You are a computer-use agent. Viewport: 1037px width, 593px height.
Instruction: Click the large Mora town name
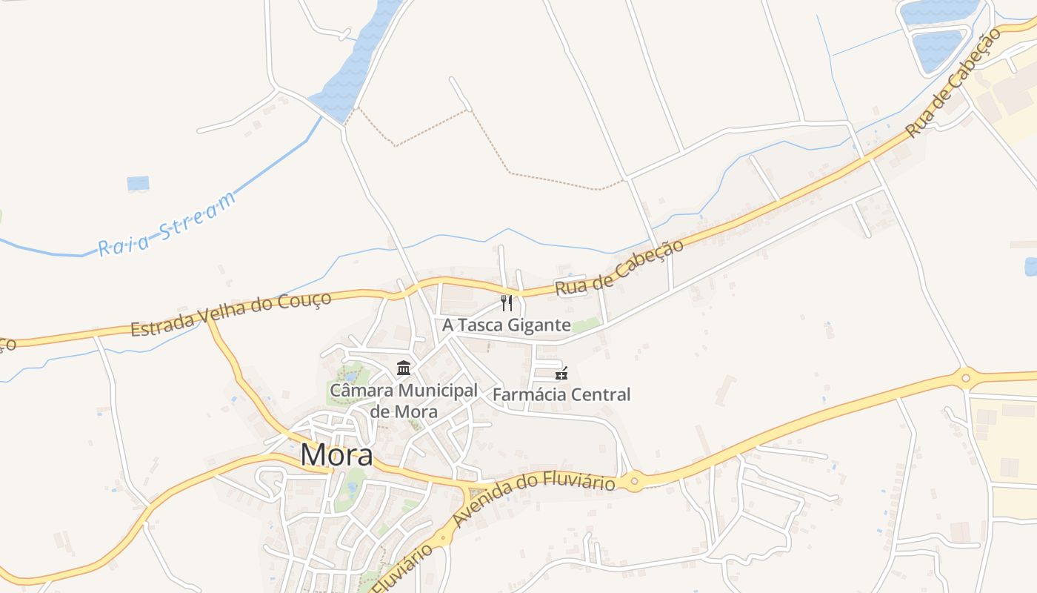click(336, 454)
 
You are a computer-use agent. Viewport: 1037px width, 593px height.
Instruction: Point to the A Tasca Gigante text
click(507, 325)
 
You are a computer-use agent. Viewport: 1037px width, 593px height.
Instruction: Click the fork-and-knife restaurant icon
click(507, 303)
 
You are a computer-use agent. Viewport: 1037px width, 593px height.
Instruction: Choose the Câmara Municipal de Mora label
click(404, 400)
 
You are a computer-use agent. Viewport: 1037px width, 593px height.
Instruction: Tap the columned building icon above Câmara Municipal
click(404, 368)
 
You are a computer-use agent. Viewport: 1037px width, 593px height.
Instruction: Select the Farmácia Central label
click(561, 394)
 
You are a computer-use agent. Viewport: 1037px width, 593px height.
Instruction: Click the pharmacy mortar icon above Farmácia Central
click(561, 373)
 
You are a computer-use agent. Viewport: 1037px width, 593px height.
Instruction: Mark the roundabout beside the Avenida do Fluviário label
click(634, 482)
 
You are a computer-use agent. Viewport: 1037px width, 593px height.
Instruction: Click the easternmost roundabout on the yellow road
click(965, 377)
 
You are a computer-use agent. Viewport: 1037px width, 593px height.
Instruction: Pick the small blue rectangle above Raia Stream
click(138, 183)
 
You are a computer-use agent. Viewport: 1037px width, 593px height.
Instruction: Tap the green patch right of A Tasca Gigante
click(587, 325)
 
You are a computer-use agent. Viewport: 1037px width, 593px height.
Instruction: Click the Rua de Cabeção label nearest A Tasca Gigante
click(619, 268)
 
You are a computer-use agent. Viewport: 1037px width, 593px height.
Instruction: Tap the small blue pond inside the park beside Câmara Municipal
click(350, 377)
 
